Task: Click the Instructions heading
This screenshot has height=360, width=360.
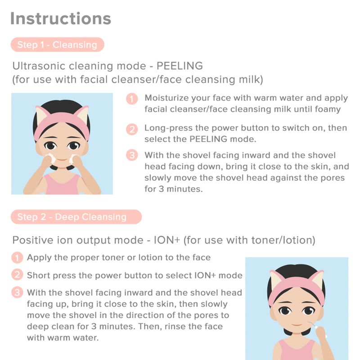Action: (x=61, y=18)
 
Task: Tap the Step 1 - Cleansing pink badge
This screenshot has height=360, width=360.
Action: (x=58, y=45)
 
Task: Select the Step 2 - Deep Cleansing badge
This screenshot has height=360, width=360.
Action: (x=76, y=217)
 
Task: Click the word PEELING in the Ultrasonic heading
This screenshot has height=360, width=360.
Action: (x=180, y=66)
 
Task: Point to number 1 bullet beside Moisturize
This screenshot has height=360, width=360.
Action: (x=132, y=99)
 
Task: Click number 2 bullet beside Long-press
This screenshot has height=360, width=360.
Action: (x=132, y=129)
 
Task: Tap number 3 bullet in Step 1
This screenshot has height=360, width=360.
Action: (x=132, y=155)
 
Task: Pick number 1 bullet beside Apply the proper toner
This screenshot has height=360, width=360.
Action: (x=17, y=257)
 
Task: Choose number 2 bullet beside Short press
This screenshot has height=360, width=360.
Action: (x=17, y=274)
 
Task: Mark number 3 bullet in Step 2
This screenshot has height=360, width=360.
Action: (x=17, y=292)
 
